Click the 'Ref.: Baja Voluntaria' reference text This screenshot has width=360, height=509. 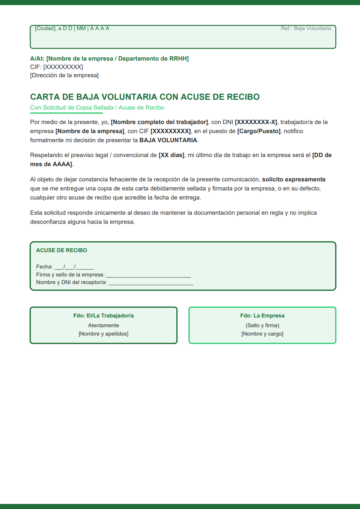(306, 28)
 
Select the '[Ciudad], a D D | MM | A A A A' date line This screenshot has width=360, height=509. (72, 28)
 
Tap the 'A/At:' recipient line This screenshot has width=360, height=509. (109, 58)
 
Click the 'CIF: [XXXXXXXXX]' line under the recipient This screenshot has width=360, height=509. (57, 67)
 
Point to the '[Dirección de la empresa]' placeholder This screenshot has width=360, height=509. (64, 75)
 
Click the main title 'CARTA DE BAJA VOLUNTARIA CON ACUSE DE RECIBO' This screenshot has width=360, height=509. (145, 97)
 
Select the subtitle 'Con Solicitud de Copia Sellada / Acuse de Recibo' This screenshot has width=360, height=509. (97, 107)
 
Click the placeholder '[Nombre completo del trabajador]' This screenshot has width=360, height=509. (159, 122)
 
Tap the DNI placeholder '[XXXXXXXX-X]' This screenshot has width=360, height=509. (256, 122)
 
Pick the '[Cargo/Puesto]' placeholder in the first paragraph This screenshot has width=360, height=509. (259, 131)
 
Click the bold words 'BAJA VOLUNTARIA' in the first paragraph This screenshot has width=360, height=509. (168, 140)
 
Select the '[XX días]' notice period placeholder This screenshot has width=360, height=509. (172, 155)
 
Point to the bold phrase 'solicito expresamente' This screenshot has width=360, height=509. (294, 179)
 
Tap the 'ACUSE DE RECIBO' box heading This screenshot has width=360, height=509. (61, 250)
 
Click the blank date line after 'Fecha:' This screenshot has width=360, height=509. (74, 267)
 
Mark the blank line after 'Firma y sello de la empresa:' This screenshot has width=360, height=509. (148, 275)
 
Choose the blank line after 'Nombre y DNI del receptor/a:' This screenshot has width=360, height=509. (151, 283)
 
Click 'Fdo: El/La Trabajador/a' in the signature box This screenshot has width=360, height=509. (103, 316)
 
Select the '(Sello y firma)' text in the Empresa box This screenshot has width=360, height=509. (262, 325)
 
